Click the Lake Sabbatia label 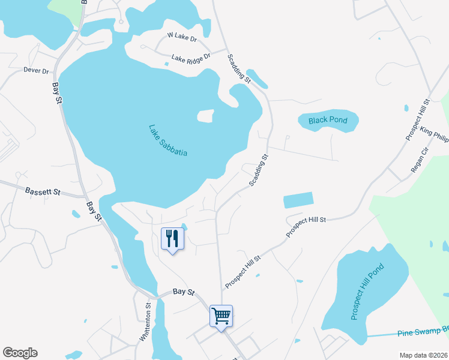tap(168, 140)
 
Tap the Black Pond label tap(328, 121)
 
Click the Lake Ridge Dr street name tap(191, 58)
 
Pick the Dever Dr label tap(36, 71)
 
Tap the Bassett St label tap(43, 193)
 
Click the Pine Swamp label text tap(423, 331)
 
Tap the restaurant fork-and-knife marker tap(172, 239)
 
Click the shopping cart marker tap(221, 315)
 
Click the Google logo tap(20, 353)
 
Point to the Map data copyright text tap(423, 355)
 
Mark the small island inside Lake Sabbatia tap(205, 115)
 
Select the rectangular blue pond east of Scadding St tap(298, 200)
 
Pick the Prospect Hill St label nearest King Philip tap(418, 119)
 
